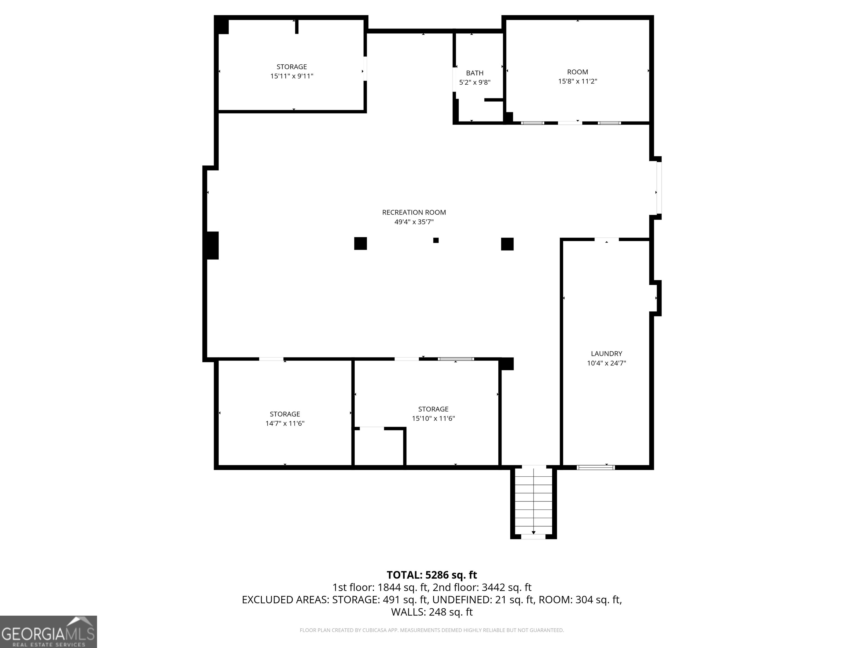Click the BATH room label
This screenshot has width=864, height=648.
pos(474,73)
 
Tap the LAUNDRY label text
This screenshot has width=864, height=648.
pos(606,354)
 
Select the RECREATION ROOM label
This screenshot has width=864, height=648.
pos(414,213)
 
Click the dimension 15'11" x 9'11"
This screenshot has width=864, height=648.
pos(292,76)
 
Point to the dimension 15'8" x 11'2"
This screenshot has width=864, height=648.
pos(578,81)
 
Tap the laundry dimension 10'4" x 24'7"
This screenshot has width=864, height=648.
pos(606,363)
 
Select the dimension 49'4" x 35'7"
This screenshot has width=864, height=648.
pos(414,222)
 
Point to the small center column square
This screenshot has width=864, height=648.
pos(436,240)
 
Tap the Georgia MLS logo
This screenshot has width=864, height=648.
pos(48,632)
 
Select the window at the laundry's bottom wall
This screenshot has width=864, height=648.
pos(596,467)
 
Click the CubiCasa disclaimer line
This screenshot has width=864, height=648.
pos(432,630)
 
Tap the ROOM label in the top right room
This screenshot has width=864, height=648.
pos(578,72)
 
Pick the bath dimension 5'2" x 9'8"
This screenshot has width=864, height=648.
pos(474,82)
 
